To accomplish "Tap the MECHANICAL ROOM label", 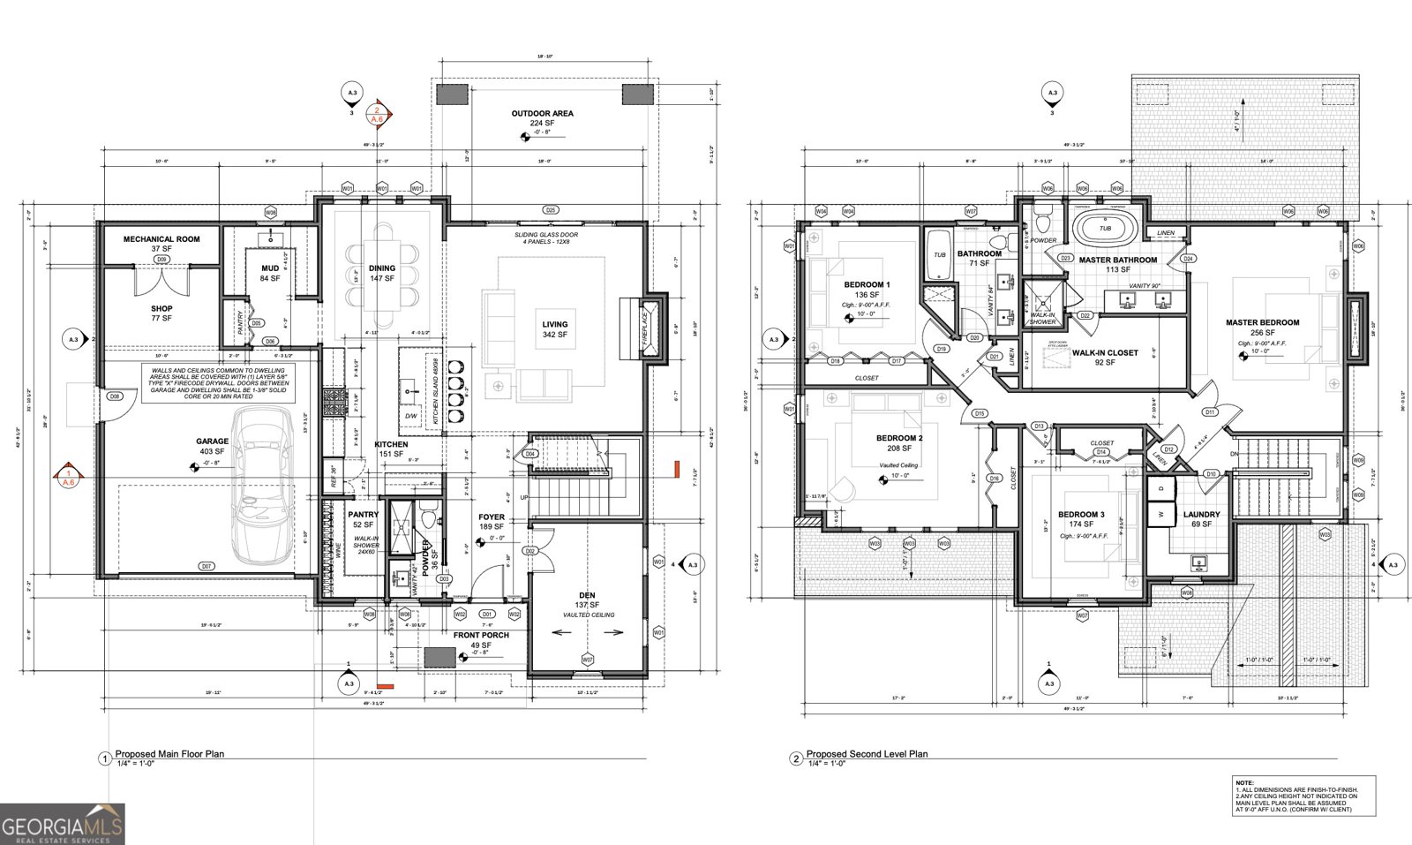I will coord(161,239).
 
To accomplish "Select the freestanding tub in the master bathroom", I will coord(1105,228).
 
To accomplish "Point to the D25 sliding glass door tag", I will coord(550,210).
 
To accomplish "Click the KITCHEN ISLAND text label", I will coord(434,394).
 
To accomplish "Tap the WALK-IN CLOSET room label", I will coord(1104,352).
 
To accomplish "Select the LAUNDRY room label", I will coord(1201,515).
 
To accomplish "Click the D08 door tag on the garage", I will coord(114,397).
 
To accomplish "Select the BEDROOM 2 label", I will coord(899,438).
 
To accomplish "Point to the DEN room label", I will coord(588,595).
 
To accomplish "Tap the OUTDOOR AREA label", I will coord(543,114).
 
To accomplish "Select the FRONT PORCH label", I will coord(481,635).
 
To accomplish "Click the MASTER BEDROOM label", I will coord(1262,323).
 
